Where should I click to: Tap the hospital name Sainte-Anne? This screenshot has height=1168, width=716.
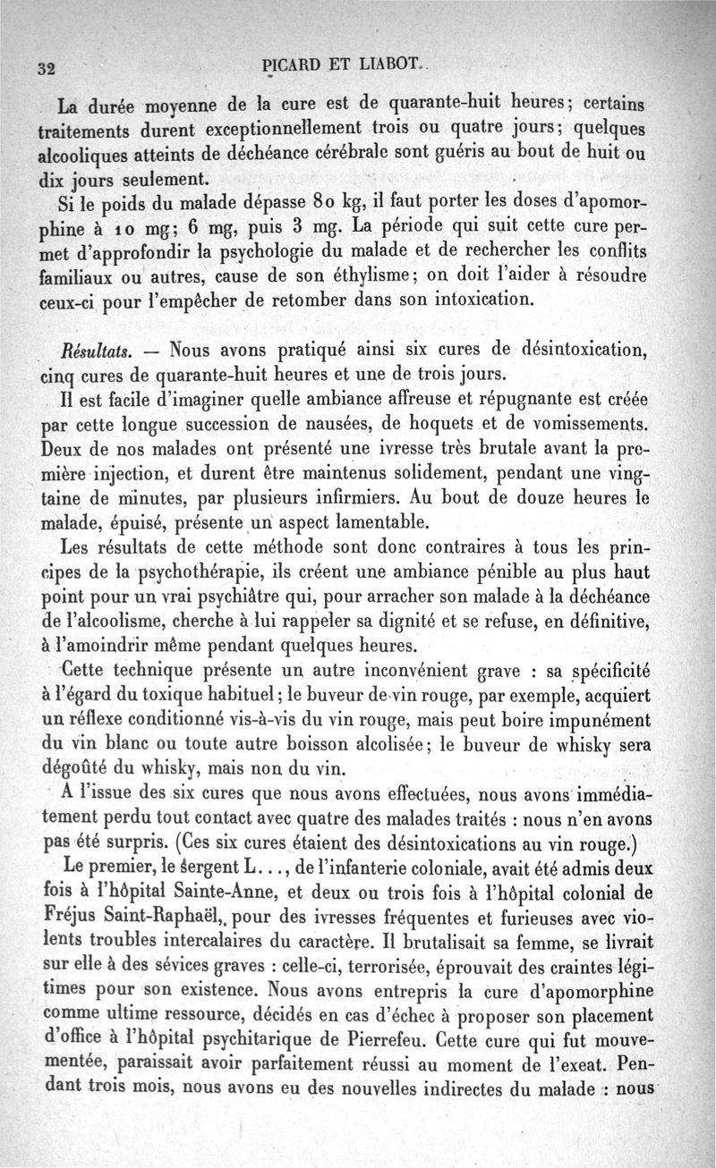click(x=242, y=889)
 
